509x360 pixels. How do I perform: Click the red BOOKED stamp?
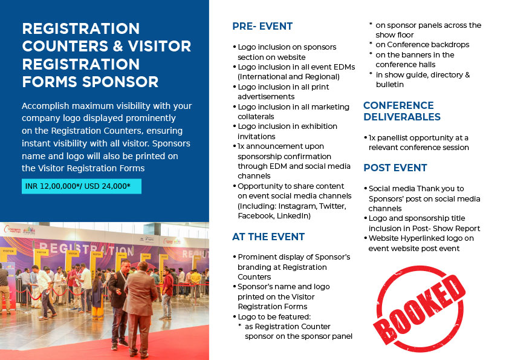pos(419,309)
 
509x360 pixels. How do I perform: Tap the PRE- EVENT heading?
pos(262,26)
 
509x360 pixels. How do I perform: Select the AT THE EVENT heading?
pos(268,237)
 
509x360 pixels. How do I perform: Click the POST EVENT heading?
pos(395,168)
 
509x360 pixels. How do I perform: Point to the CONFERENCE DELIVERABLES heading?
pos(402,111)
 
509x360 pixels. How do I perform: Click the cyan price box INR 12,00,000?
pos(82,186)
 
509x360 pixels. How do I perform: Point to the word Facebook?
pos(256,216)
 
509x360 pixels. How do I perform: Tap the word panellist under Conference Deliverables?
pos(395,138)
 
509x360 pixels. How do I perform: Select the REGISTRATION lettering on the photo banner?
pos(85,249)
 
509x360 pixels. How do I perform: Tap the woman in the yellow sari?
pos(97,297)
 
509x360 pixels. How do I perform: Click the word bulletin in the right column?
pos(389,85)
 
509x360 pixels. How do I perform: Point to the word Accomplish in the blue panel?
pos(45,106)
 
